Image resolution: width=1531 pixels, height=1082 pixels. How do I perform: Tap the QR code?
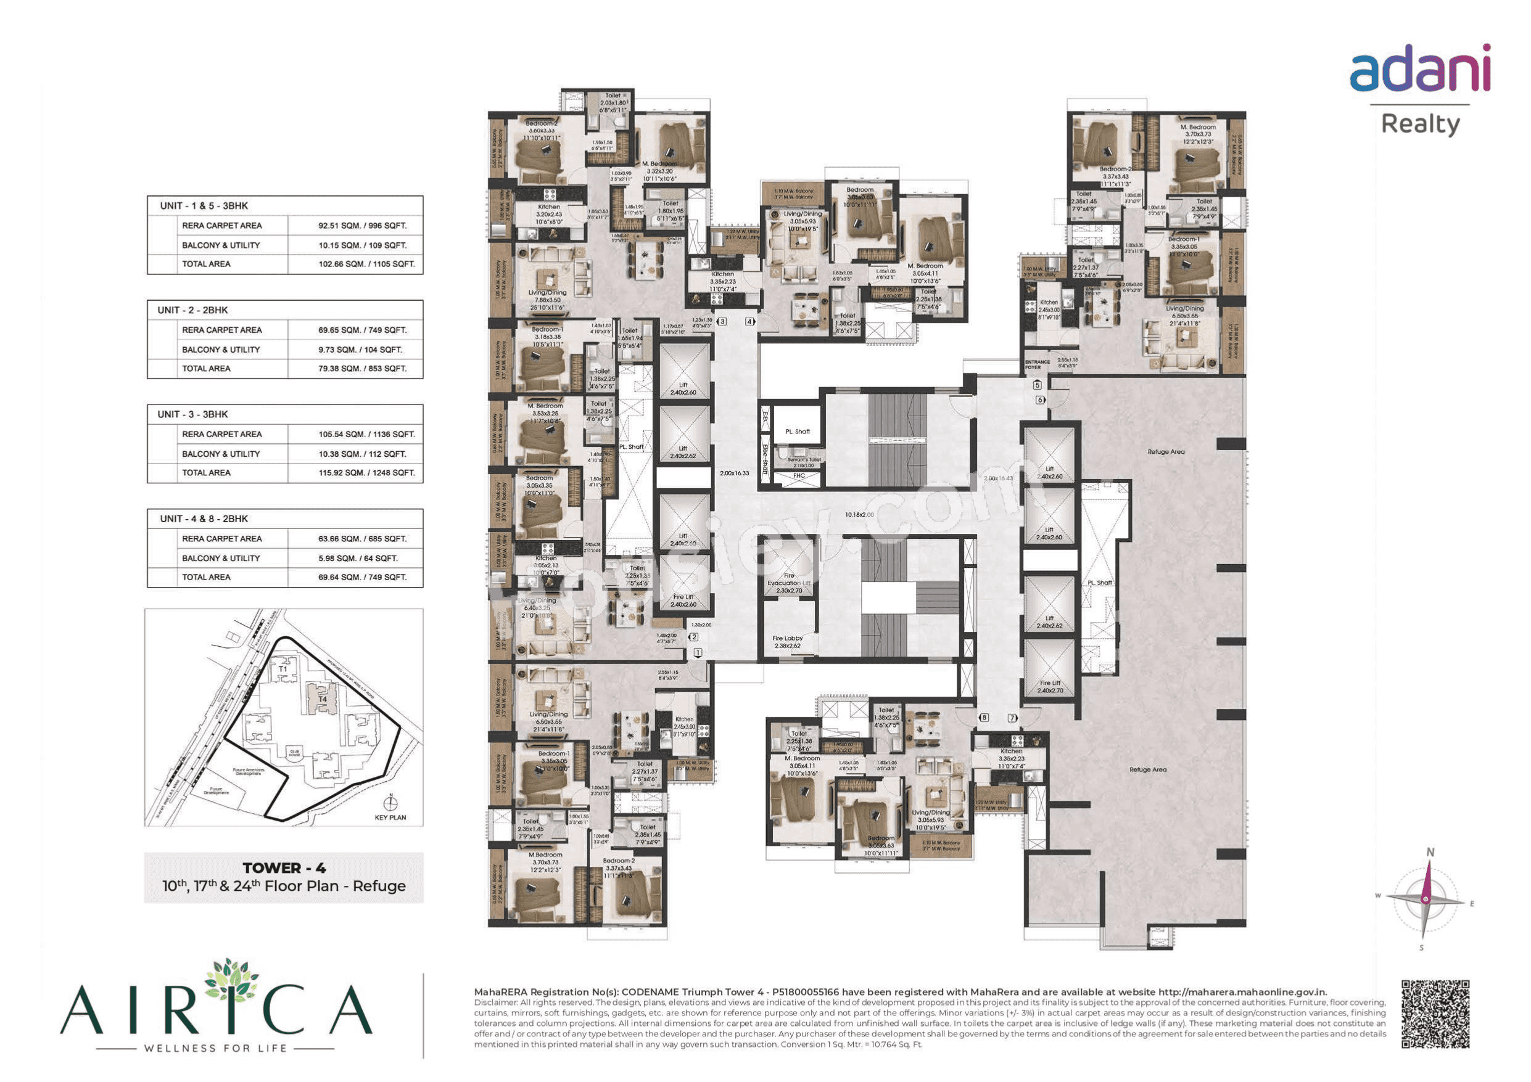coord(1435,1014)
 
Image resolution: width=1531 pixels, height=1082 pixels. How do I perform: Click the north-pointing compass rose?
coord(1425,899)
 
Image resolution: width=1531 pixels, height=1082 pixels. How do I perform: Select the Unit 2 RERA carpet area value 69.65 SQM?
coord(361,330)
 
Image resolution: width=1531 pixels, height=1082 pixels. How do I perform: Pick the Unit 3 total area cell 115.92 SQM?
coord(366,473)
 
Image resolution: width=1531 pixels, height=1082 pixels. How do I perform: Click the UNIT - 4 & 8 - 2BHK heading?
coord(204,518)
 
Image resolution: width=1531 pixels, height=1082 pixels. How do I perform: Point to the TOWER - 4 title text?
coord(284,868)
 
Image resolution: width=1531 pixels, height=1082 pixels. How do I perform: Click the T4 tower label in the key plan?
coord(323,699)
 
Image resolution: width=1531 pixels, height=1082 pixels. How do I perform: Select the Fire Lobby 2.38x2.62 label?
coord(788,642)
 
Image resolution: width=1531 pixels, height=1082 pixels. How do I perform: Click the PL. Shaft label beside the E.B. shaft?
coord(798,432)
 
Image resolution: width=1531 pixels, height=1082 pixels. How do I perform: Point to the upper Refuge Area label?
coord(1166,452)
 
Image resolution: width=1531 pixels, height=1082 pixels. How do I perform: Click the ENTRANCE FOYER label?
coord(1037,364)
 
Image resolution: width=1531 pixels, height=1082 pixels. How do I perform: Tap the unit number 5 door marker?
coord(1037,385)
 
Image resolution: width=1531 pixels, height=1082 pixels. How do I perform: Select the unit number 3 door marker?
coord(722,321)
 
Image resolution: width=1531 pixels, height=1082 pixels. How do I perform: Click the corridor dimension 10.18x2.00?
coord(859,515)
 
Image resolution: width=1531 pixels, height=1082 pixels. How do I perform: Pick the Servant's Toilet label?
coord(804,462)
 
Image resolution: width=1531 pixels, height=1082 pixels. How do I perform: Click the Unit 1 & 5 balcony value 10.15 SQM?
coord(361,245)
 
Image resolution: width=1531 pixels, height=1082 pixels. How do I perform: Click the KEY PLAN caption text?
coord(390,818)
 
